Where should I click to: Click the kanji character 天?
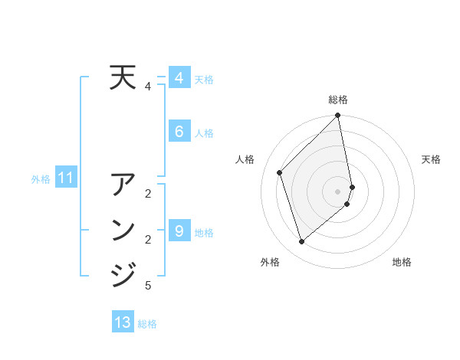coord(123,78)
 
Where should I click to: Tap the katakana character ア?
coord(123,186)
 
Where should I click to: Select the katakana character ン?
coord(123,230)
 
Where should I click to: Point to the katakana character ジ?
coord(123,273)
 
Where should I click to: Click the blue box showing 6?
coord(179,132)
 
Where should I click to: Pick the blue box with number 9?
coord(179,231)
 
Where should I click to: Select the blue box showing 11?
coord(65,178)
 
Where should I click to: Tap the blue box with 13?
coord(123,322)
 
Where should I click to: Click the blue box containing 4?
coord(179,78)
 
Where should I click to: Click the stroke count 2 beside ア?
coord(148,193)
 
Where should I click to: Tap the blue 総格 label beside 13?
coord(147,324)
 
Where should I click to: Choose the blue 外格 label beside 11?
coord(41,179)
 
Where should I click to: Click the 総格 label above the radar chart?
coord(338,100)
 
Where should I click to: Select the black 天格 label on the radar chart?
coord(431,159)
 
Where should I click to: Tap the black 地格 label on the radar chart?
coord(402,262)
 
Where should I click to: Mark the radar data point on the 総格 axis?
coord(338,116)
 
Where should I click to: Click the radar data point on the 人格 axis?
coord(280,172)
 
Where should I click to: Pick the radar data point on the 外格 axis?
coord(302,241)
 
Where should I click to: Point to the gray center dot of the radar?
coord(338,191)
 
